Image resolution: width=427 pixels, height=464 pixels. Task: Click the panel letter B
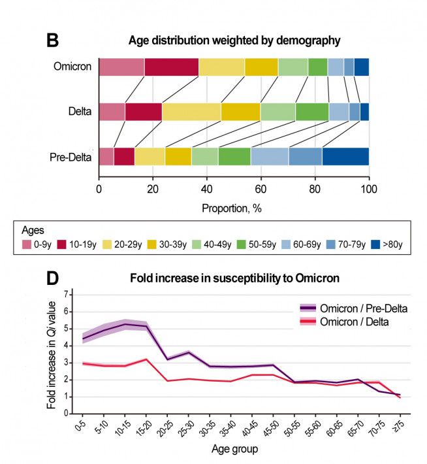click(53, 41)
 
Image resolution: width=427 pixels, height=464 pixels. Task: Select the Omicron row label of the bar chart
click(73, 67)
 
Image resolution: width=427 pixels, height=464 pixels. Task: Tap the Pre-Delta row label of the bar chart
click(70, 157)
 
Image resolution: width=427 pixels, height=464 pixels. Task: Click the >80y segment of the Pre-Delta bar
click(345, 157)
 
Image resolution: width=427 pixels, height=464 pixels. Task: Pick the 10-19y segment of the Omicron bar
click(171, 67)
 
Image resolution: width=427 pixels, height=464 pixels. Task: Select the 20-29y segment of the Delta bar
click(191, 112)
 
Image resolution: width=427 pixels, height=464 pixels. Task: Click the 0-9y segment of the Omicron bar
click(121, 67)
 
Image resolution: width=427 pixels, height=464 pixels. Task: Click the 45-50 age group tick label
click(277, 427)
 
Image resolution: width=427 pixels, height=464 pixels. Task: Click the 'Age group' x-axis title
click(234, 449)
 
